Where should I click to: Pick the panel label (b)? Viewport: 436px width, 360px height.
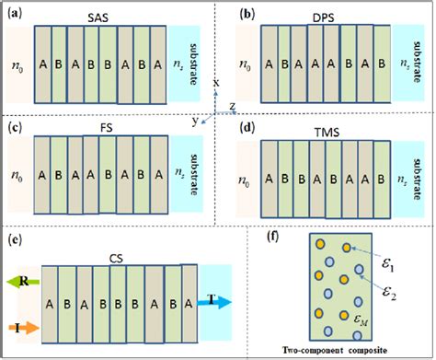247,15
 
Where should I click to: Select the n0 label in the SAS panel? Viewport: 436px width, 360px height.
16,65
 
